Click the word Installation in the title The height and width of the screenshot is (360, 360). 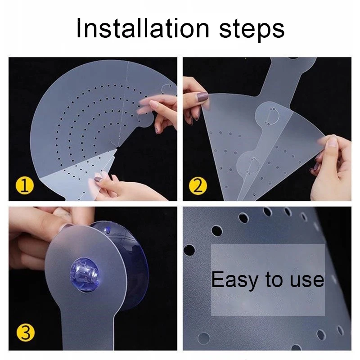click(x=142, y=29)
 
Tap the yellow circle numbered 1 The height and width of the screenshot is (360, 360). click(x=25, y=186)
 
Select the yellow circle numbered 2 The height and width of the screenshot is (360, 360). click(x=198, y=186)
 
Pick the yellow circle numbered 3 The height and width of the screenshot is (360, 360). click(x=26, y=333)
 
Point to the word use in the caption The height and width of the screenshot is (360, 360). click(x=307, y=280)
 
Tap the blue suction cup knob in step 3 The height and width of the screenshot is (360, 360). click(x=85, y=275)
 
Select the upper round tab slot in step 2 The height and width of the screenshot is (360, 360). click(x=273, y=116)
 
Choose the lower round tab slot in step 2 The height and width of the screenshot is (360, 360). click(x=252, y=165)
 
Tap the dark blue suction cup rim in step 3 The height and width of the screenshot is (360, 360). click(x=135, y=271)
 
